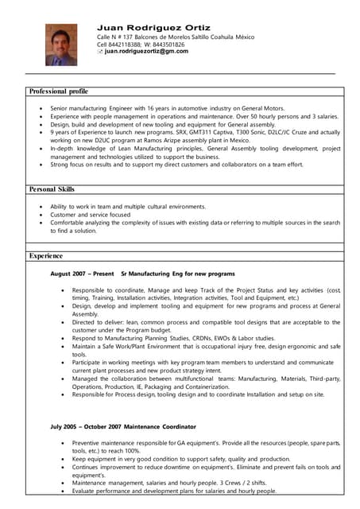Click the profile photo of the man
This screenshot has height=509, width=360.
point(61,44)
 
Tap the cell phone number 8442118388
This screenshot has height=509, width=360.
point(126,45)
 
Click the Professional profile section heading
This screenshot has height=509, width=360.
point(59,91)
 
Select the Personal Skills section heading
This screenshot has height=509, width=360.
point(52,189)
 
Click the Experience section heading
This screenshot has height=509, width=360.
point(46,256)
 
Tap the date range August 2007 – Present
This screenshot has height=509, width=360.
point(82,274)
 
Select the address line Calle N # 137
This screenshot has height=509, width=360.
point(118,37)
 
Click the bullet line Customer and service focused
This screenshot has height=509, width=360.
point(90,215)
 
